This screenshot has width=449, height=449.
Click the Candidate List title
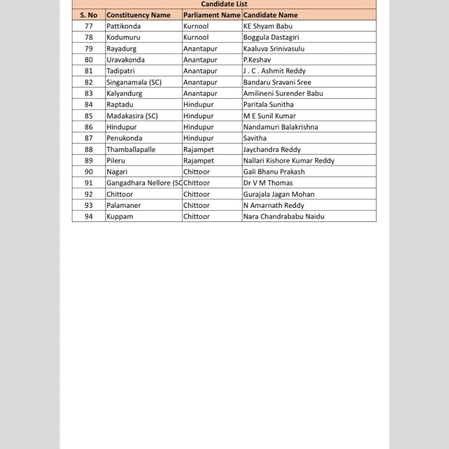tap(224, 4)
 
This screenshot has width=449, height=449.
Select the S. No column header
tap(89, 15)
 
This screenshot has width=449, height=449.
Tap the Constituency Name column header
tap(138, 15)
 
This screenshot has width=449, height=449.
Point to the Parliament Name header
tap(212, 15)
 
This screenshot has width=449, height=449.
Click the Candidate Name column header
tap(271, 15)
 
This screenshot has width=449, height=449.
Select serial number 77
tap(89, 26)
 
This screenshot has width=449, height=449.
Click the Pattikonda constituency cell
tap(124, 26)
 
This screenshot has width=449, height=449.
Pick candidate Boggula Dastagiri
tap(271, 37)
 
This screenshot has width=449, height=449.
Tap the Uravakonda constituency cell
tap(125, 60)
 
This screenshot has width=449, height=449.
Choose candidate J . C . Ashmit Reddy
tap(274, 71)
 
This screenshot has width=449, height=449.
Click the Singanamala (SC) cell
tap(134, 82)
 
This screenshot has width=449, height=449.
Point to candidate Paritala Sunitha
tap(268, 104)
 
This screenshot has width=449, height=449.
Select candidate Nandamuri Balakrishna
tap(281, 127)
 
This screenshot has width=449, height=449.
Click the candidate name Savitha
tap(255, 138)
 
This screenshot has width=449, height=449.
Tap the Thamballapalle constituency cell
tap(131, 150)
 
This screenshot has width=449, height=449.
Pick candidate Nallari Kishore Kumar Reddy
tap(289, 160)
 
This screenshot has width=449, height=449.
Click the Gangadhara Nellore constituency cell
tap(144, 183)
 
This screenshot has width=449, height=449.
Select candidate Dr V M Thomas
tap(268, 183)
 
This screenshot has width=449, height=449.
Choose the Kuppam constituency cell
tap(120, 217)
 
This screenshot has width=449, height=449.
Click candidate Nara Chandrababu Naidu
tap(284, 217)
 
